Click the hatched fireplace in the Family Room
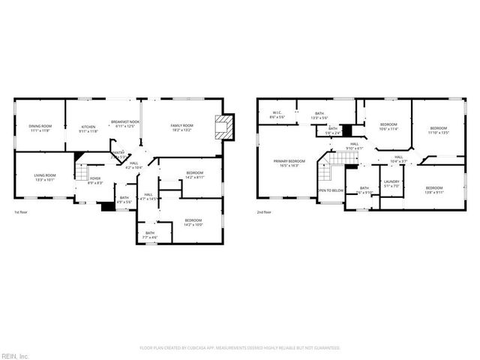(224, 127)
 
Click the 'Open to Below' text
(330, 190)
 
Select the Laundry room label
(391, 183)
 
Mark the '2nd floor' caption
(264, 212)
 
